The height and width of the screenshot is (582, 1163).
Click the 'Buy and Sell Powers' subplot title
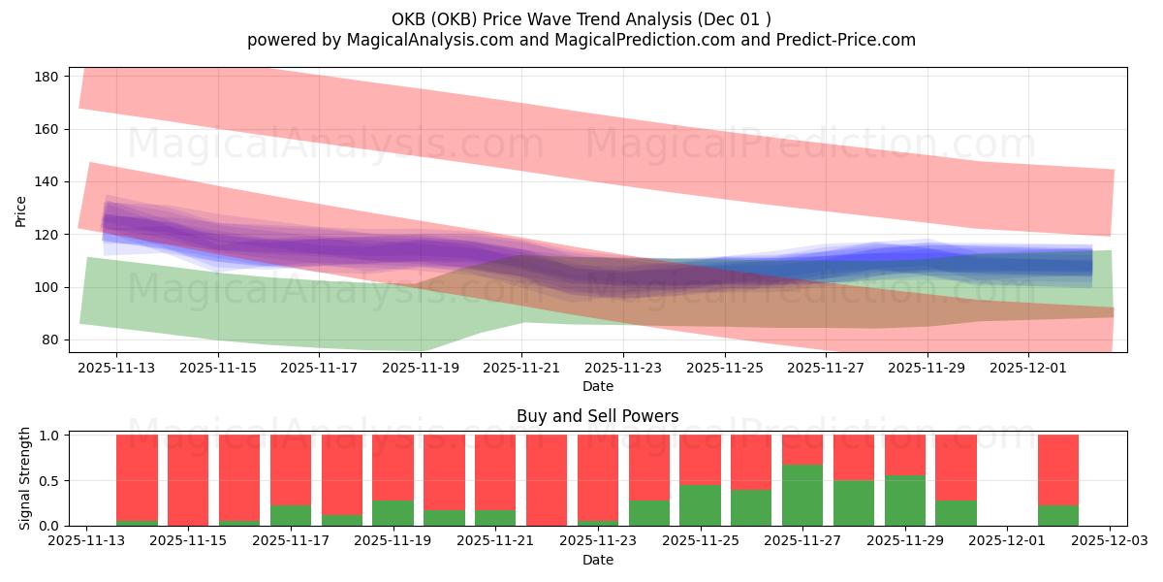pos(597,416)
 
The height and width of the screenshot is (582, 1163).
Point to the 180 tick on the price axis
pos(49,77)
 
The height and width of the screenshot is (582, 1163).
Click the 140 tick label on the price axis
pos(49,182)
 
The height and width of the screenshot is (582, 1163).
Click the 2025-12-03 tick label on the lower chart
pos(1108,540)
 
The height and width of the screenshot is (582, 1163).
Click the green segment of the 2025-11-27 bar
pos(802,495)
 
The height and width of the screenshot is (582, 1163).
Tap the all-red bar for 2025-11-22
pos(547,480)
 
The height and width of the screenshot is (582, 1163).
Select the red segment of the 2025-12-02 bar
pos(1057,469)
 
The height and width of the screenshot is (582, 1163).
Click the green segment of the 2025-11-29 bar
pos(904,501)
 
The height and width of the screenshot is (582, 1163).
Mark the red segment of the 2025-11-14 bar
pos(137,477)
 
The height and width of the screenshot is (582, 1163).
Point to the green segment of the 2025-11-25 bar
pos(700,505)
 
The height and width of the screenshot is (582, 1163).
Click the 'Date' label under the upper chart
pos(597,386)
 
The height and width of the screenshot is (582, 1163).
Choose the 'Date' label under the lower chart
pos(597,560)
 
